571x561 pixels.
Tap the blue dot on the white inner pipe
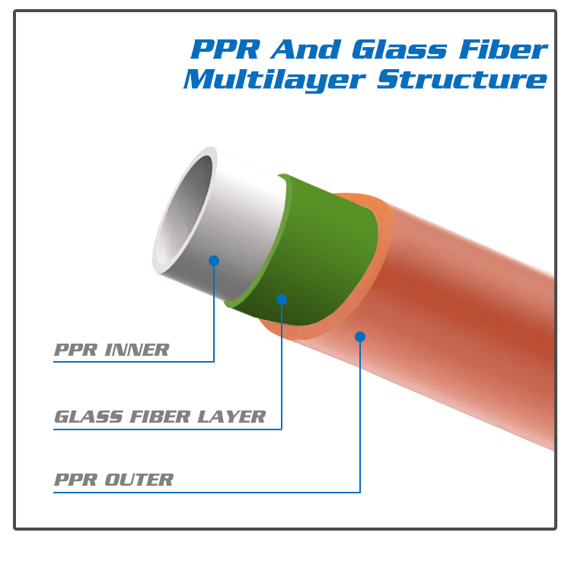pos(214,261)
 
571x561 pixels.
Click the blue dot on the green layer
pos(282,300)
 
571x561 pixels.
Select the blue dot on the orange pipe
pos(360,336)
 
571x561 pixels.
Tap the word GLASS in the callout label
pos(83,417)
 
